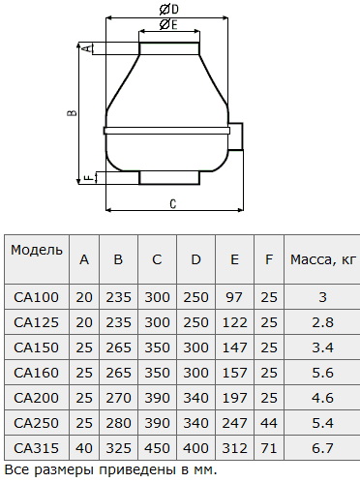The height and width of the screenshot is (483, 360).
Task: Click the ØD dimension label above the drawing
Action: (x=169, y=10)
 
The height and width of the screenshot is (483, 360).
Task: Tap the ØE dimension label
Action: (x=168, y=24)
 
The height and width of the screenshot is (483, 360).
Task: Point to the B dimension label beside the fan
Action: (x=72, y=112)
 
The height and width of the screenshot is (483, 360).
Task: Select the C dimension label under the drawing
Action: (x=173, y=204)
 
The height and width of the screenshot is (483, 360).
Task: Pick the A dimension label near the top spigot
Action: (x=87, y=48)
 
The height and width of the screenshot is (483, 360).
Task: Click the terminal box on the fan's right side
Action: (x=236, y=136)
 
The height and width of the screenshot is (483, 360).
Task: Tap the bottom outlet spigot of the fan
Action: (x=169, y=178)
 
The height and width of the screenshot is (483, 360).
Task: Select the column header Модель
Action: (x=37, y=250)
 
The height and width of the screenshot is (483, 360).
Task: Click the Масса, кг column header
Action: (x=323, y=259)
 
